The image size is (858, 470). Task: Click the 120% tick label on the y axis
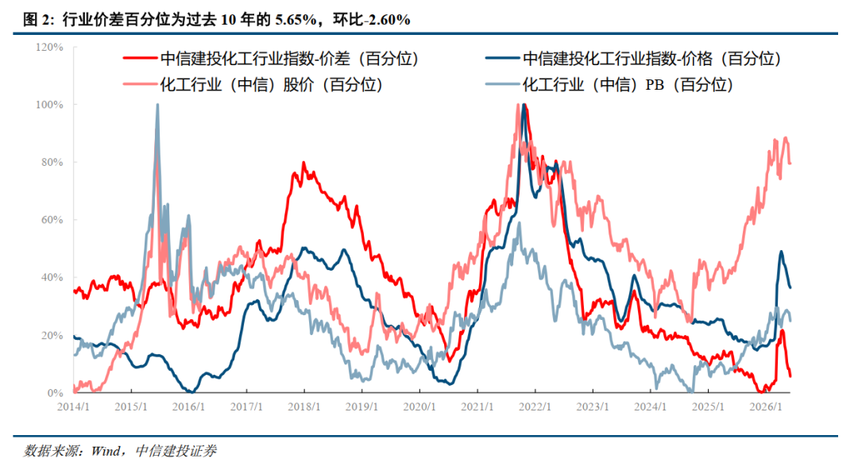click(x=49, y=48)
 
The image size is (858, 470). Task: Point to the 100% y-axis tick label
click(x=49, y=105)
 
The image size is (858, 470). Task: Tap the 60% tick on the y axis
click(x=52, y=220)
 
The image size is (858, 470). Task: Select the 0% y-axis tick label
click(x=56, y=393)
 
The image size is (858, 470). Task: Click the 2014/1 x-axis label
click(x=73, y=407)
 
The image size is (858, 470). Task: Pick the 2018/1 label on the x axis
click(x=304, y=407)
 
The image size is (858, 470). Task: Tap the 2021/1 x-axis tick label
click(x=477, y=407)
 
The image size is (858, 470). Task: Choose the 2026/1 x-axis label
click(x=766, y=407)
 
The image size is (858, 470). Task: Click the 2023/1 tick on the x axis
click(x=593, y=407)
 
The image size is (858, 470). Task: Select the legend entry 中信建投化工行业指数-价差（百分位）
click(x=272, y=59)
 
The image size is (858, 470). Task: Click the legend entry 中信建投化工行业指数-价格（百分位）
click(x=634, y=59)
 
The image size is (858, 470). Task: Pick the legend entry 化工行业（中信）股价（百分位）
click(x=253, y=85)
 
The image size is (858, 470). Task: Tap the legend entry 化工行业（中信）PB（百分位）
click(x=609, y=85)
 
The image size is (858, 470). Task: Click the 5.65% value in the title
click(x=296, y=20)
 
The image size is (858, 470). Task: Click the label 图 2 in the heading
click(x=38, y=20)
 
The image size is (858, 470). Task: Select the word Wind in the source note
click(x=106, y=451)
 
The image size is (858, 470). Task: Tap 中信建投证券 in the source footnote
click(x=176, y=451)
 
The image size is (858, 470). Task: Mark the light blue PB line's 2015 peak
click(x=157, y=105)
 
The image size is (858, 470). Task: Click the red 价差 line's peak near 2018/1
click(x=303, y=163)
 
